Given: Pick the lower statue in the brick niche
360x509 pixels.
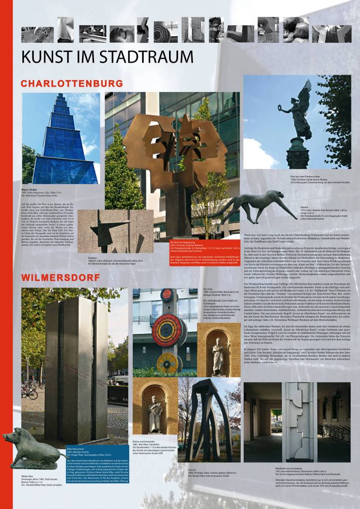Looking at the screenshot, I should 156,414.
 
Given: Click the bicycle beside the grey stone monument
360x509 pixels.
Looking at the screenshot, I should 30,393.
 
